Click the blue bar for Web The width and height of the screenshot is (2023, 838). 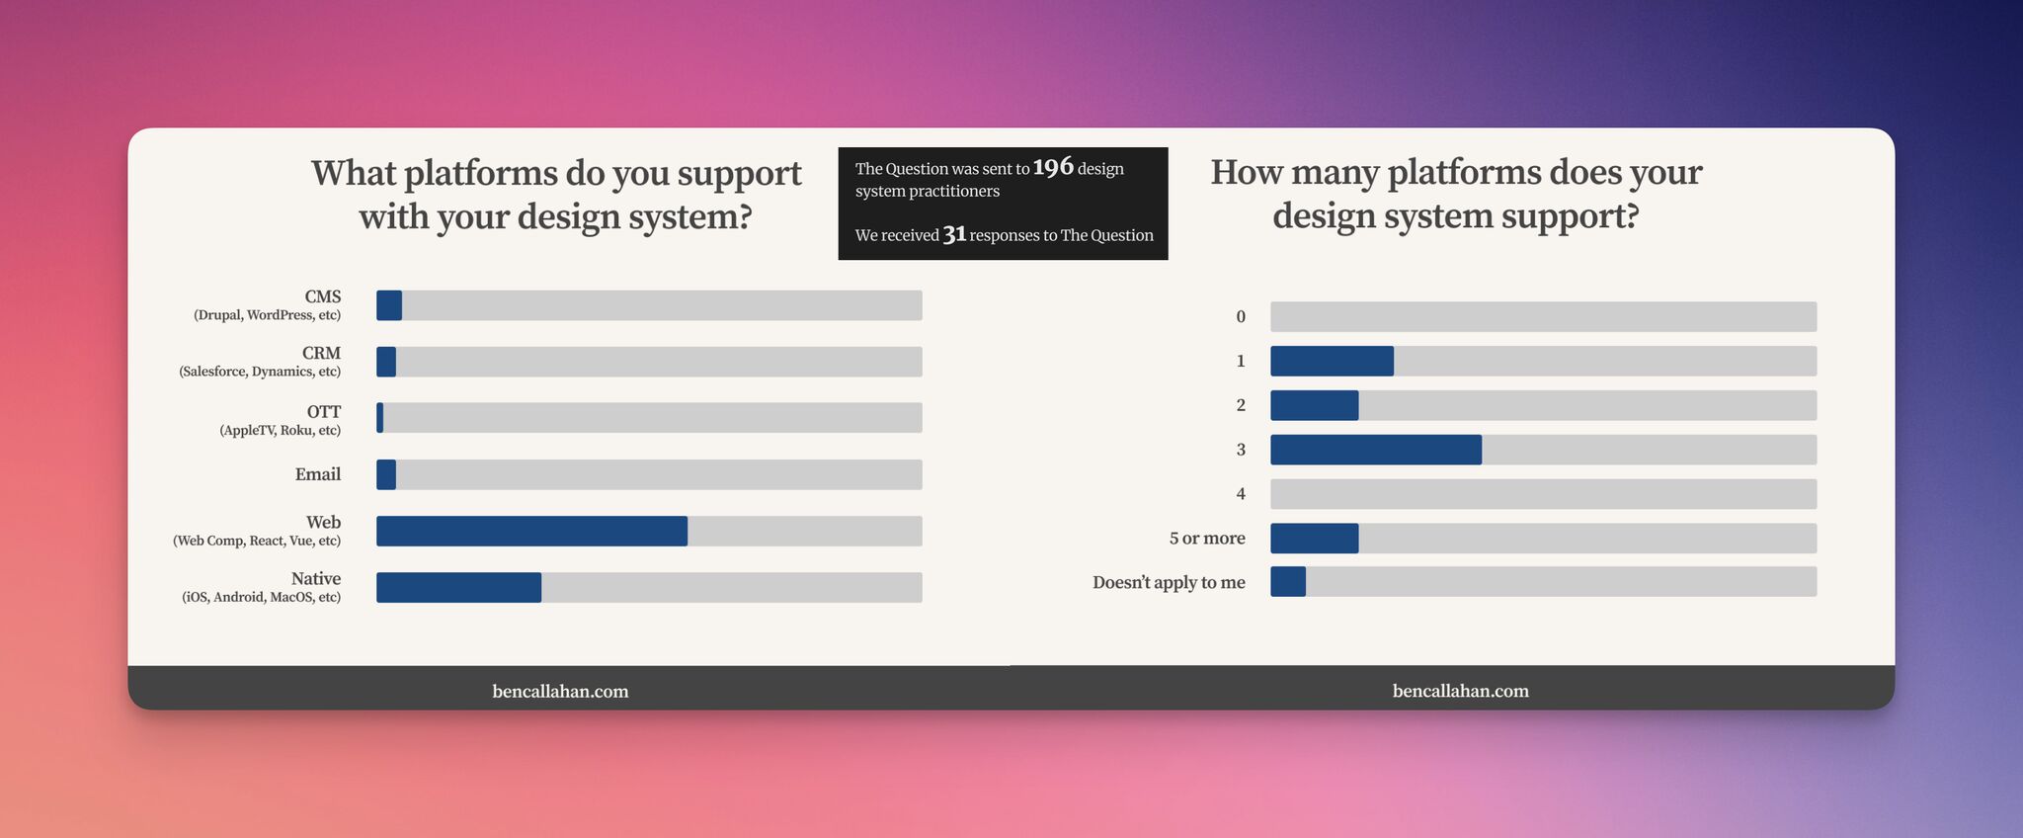(x=531, y=531)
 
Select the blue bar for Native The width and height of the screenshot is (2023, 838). (x=458, y=587)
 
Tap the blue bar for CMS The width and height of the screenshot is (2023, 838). (x=389, y=305)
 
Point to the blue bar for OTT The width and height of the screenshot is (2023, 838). (x=380, y=417)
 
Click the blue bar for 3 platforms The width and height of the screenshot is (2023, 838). (x=1375, y=450)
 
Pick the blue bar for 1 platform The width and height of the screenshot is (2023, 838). (x=1332, y=361)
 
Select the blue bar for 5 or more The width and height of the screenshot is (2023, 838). (x=1314, y=538)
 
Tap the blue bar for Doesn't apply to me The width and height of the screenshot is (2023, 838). (x=1288, y=581)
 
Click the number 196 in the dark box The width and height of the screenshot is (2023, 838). (x=1053, y=167)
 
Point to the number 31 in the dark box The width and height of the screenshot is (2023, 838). (x=954, y=234)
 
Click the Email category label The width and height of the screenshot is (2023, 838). (x=318, y=474)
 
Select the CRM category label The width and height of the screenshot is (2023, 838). (x=322, y=353)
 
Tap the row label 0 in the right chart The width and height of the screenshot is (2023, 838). (x=1241, y=316)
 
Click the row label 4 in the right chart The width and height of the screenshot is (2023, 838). (x=1241, y=493)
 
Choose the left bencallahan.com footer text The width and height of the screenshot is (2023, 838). (x=560, y=691)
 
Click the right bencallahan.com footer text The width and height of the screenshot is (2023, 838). (x=1460, y=691)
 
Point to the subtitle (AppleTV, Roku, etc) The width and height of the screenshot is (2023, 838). (x=281, y=430)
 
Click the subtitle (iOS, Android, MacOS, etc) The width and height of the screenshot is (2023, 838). (x=262, y=597)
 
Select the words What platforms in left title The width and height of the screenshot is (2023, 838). (x=435, y=173)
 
